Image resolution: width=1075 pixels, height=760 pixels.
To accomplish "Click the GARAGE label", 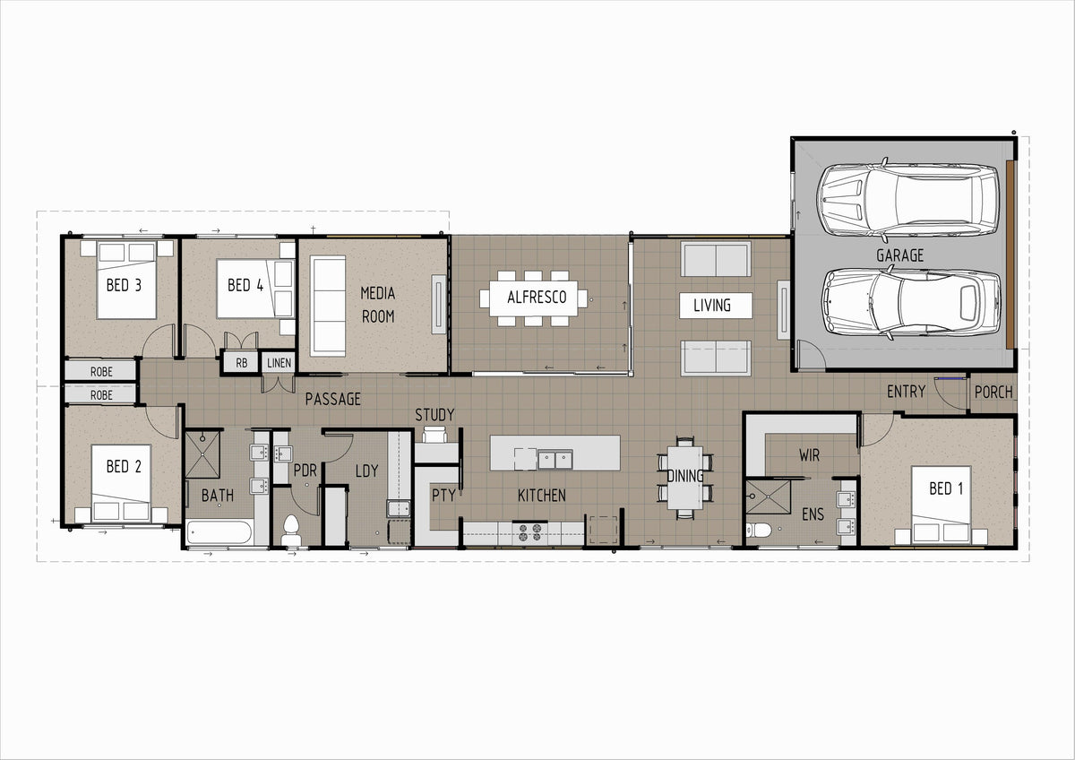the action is coord(899,255).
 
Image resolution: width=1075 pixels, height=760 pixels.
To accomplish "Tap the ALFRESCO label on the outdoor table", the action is coord(537,298).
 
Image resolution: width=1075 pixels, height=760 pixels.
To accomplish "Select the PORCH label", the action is coord(993,393).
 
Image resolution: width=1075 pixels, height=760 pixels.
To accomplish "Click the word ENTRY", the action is coord(906,392).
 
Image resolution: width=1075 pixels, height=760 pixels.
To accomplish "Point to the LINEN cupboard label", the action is coord(279,363).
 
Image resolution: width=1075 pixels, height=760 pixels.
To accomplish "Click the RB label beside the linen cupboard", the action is coord(241,363).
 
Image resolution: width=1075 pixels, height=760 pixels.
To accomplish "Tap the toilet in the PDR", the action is coord(291,531).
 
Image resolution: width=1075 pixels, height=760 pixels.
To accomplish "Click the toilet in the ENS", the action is coord(758,530).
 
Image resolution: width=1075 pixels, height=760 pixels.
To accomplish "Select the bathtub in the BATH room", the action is coord(219,532).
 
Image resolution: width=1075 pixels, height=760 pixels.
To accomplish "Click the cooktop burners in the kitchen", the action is coord(529,533).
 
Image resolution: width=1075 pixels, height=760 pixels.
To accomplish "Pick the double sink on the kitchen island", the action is coord(555,460).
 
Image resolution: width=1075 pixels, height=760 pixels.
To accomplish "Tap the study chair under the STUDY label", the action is coord(434,435).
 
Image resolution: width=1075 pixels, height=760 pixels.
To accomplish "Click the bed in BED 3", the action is coord(126,280).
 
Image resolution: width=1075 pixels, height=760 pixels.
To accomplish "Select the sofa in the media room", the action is coord(328,306).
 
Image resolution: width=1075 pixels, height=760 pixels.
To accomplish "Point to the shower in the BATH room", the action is coord(202,454).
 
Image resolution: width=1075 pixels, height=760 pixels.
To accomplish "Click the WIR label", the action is coord(810,455).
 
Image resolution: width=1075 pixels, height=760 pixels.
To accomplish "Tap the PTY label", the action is coord(443,495).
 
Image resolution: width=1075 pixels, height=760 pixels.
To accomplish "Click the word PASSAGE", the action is coord(333,399).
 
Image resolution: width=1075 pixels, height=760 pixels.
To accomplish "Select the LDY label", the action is coord(366,471).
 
